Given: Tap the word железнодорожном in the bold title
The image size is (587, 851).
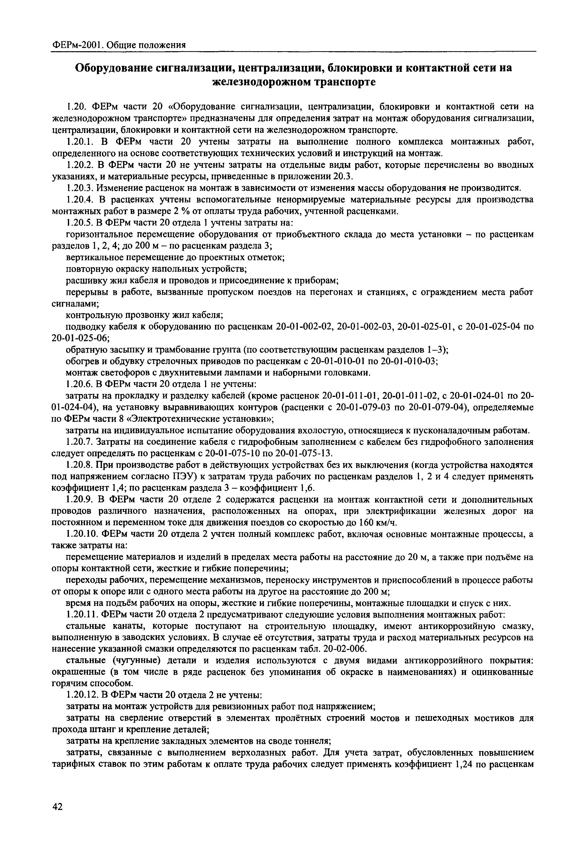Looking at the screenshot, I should pos(260,82).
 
